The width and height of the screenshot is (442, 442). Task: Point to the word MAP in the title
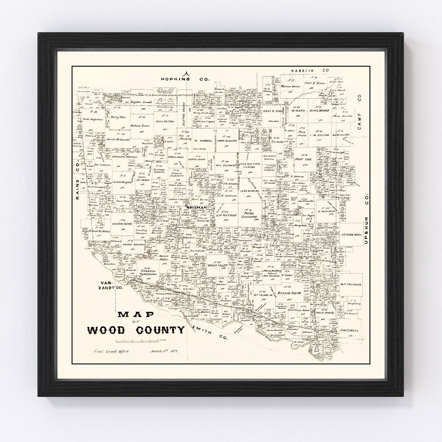136,315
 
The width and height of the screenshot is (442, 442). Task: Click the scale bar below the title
136,340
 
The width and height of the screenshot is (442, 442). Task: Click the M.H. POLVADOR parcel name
350,284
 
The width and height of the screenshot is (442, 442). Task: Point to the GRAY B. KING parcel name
272,112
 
